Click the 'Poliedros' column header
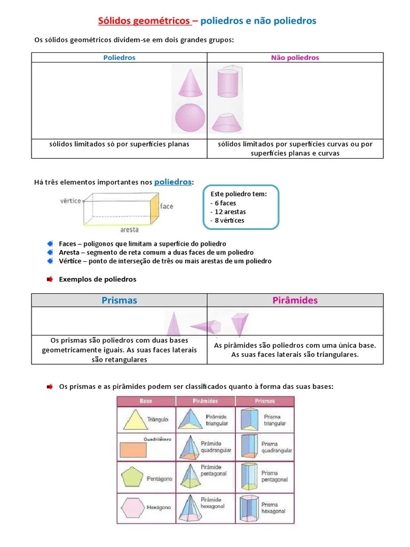119,58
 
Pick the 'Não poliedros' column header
295,58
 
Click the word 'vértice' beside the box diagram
70,200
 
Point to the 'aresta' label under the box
130,230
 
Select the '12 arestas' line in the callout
228,212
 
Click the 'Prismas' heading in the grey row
119,300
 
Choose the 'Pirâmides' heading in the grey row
295,300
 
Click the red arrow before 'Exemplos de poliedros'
50,279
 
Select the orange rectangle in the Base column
133,450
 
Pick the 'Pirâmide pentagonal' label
214,470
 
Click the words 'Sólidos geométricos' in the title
144,21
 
